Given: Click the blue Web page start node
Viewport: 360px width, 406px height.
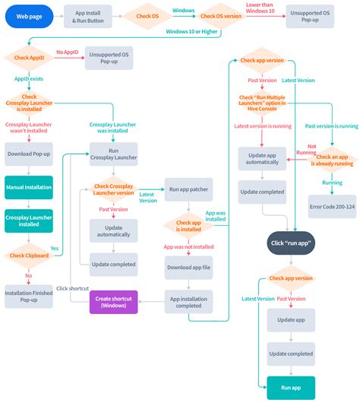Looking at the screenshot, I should [28, 15].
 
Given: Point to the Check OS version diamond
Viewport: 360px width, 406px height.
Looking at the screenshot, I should [221, 15].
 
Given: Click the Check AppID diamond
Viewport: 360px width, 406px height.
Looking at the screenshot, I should [29, 57].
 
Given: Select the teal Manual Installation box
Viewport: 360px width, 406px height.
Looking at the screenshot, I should [29, 186].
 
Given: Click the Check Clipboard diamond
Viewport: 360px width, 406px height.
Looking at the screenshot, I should [29, 256].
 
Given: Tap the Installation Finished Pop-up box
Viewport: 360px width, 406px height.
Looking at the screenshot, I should [29, 296].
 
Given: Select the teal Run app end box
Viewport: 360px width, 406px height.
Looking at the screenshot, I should [291, 388].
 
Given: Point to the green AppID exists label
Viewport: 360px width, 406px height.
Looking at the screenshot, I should [29, 78].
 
